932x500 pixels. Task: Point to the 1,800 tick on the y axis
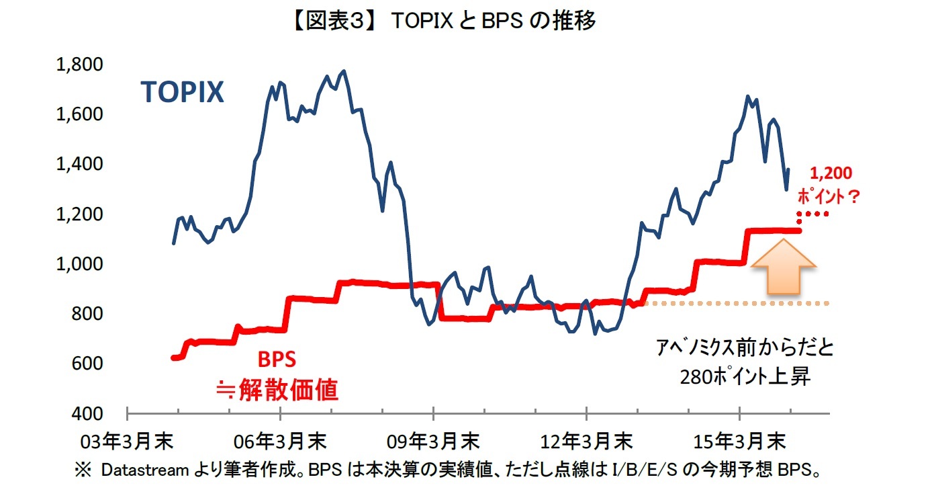[x=79, y=65]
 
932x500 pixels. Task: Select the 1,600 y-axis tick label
[x=79, y=114]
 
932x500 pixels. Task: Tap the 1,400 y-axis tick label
[x=79, y=164]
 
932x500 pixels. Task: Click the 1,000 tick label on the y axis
[x=79, y=263]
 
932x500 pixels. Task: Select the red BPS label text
[x=277, y=360]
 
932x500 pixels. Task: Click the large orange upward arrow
[x=783, y=268]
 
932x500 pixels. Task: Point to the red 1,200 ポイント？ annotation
[x=829, y=185]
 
